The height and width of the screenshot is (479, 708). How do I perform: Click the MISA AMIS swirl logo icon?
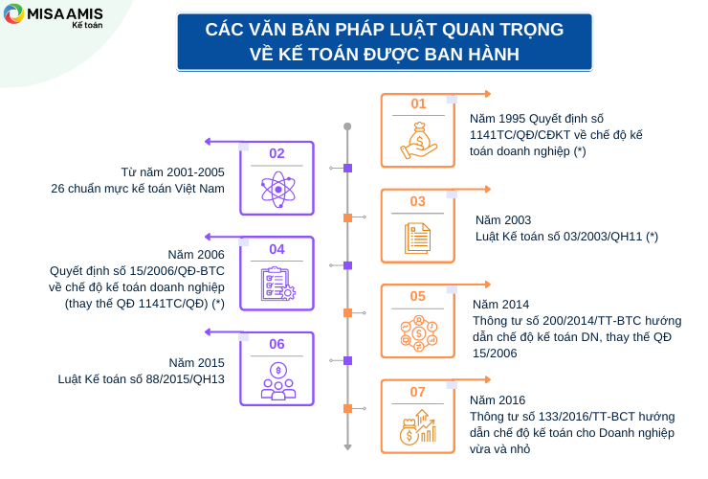coord(13,14)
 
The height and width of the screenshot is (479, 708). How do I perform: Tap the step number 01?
coord(418,104)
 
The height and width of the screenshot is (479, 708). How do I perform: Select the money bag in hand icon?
coord(418,141)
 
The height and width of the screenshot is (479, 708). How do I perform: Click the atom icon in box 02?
coord(278,190)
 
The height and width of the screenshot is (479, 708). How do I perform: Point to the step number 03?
coord(418,201)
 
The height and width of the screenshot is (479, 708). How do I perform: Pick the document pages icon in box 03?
coord(417,239)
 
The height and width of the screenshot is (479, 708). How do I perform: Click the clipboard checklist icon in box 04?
coord(277,285)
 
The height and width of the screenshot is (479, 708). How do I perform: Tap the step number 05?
coord(418,296)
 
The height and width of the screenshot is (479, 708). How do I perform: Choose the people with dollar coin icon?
coord(278,381)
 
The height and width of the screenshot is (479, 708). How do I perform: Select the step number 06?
coord(277,344)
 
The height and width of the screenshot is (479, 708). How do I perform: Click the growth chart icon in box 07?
coord(418,427)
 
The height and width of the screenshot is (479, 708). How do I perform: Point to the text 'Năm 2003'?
coord(503,220)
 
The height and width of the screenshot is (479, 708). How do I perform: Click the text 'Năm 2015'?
coord(196,363)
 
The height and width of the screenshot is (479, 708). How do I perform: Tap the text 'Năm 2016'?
coord(498,400)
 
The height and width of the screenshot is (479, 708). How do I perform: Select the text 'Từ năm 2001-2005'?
coord(172,172)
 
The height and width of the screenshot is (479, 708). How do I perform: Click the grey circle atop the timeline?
coord(347,126)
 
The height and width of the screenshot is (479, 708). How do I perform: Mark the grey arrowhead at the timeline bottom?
coord(347,447)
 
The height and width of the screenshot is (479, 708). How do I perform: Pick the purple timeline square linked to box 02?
coord(347,169)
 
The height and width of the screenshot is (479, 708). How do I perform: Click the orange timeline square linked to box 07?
coord(347,408)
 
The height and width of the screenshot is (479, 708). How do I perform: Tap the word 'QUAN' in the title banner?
coord(467,30)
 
